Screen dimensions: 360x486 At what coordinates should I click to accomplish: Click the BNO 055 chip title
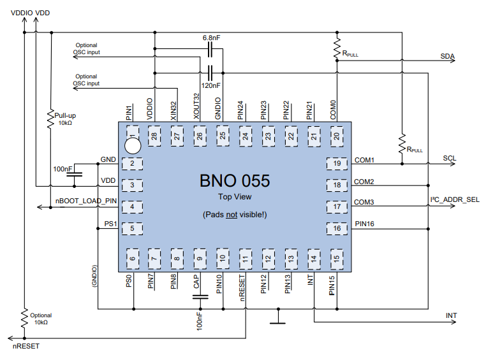[x=235, y=181]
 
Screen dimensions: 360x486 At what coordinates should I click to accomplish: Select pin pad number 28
[x=155, y=135]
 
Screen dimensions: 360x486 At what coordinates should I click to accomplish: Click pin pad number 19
[x=336, y=164]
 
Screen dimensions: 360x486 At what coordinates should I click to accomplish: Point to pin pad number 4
[x=132, y=206]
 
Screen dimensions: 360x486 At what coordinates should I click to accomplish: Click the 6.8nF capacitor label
[x=211, y=38]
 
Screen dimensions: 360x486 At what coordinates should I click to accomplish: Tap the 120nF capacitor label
[x=211, y=85]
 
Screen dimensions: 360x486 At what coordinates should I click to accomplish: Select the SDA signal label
[x=447, y=57]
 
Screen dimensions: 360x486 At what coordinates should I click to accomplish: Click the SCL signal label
[x=449, y=158]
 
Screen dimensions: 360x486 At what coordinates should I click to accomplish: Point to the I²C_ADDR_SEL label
[x=455, y=200]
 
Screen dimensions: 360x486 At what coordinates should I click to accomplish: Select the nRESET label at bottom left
[x=26, y=347]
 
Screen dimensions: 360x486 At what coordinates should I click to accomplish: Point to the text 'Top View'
[x=234, y=198]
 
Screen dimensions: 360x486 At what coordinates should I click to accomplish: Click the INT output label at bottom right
[x=451, y=316]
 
